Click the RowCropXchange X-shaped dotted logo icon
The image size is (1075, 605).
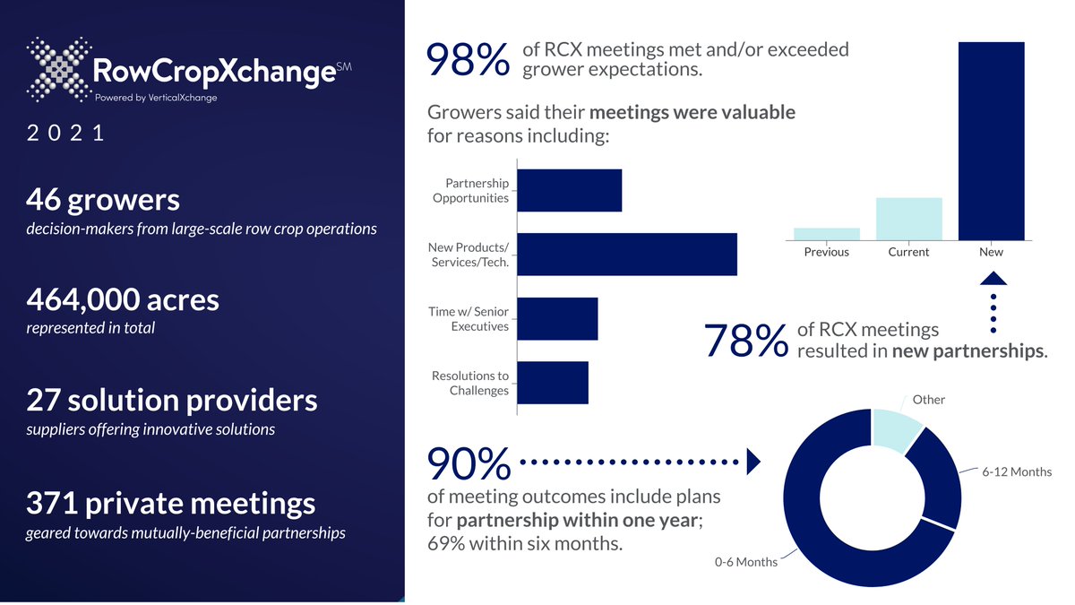point(58,69)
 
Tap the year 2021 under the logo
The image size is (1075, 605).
point(66,134)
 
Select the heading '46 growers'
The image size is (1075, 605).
point(103,200)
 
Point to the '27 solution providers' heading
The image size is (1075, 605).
point(171,399)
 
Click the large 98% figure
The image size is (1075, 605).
point(469,61)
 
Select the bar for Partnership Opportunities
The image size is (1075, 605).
point(570,191)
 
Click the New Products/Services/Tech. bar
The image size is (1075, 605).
point(627,255)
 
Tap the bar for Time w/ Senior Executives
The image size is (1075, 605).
point(557,319)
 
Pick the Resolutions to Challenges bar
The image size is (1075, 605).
point(553,383)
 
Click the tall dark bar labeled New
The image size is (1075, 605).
point(991,141)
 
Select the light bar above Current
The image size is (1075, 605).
point(908,219)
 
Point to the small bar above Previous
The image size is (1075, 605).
point(826,234)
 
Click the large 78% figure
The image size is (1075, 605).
point(745,341)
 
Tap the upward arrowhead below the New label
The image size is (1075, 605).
point(992,278)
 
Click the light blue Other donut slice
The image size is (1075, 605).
point(898,428)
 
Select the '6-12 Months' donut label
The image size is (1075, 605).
point(1016,471)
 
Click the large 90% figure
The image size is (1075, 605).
point(469,464)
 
